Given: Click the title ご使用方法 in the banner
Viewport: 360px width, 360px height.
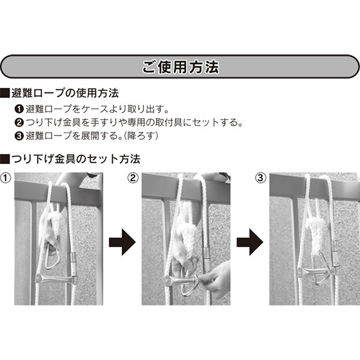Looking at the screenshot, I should [x=179, y=67].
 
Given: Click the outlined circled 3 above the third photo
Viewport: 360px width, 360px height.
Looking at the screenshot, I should [x=260, y=178].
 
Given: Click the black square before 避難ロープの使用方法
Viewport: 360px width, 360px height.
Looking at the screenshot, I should [x=5, y=94].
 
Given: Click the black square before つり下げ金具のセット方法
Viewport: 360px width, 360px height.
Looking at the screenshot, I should [x=5, y=160].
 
